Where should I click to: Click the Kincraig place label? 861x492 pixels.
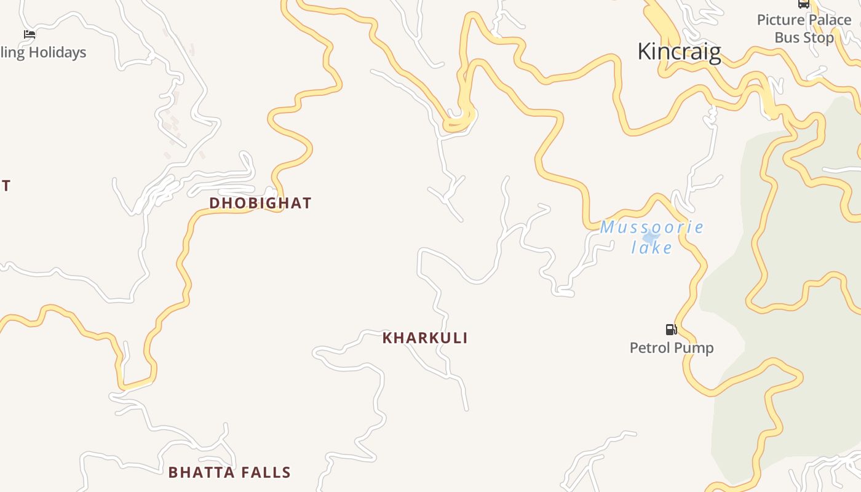pyautogui.click(x=679, y=51)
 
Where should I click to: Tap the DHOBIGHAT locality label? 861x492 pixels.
pyautogui.click(x=260, y=203)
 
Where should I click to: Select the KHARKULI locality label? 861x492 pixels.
pyautogui.click(x=425, y=338)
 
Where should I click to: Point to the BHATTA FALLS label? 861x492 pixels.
pyautogui.click(x=229, y=472)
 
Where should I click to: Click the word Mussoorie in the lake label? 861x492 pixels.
pyautogui.click(x=652, y=228)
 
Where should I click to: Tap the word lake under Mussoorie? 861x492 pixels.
pyautogui.click(x=652, y=248)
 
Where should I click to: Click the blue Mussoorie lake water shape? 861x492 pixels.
pyautogui.click(x=651, y=237)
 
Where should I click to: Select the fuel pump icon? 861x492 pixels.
pyautogui.click(x=671, y=330)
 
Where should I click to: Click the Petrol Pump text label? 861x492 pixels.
pyautogui.click(x=672, y=348)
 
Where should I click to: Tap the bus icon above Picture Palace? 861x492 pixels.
pyautogui.click(x=803, y=4)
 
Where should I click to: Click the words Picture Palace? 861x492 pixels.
pyautogui.click(x=804, y=20)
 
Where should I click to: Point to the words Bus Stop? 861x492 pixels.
pyautogui.click(x=804, y=38)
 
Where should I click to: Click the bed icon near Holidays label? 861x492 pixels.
pyautogui.click(x=30, y=34)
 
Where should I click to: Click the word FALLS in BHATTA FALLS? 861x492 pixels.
pyautogui.click(x=266, y=472)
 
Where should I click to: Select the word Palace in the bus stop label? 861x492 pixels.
pyautogui.click(x=830, y=20)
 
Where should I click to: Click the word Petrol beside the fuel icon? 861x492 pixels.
pyautogui.click(x=649, y=348)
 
